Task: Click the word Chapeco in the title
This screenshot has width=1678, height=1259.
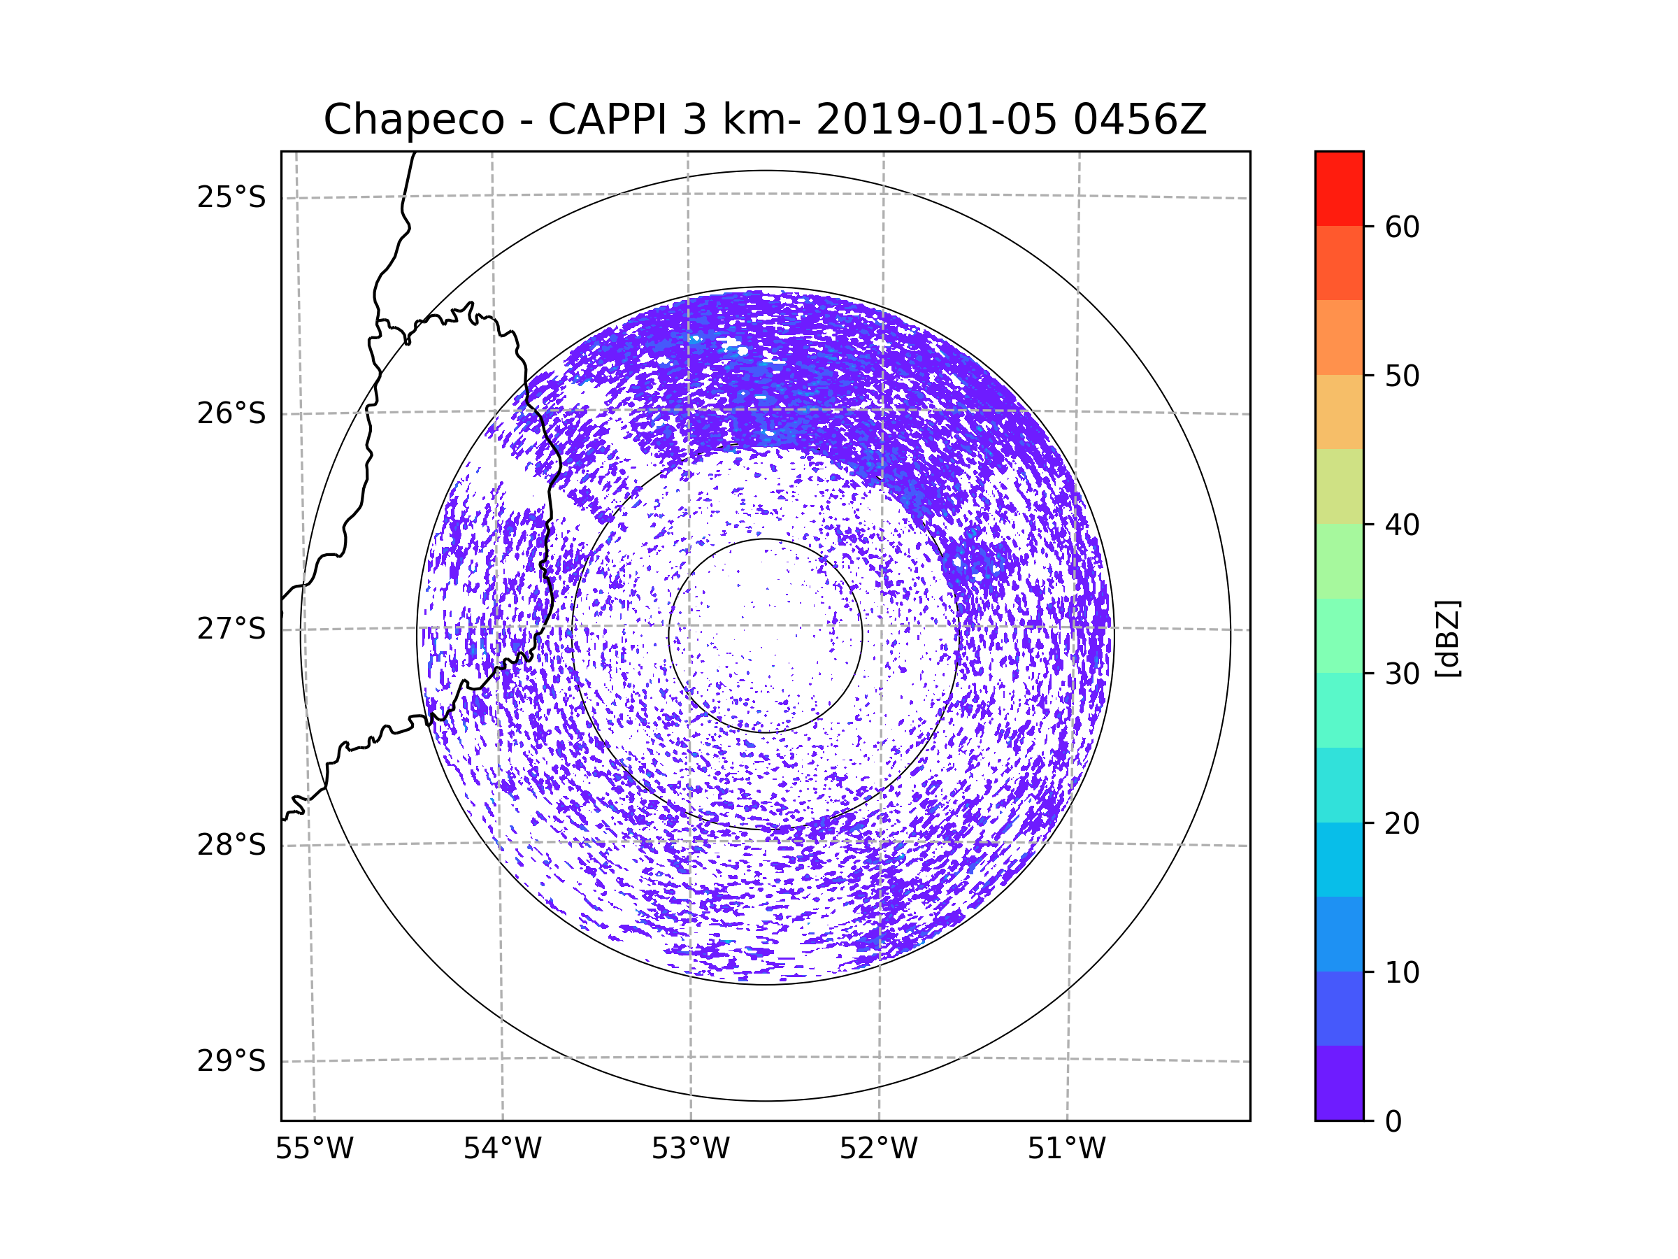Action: [413, 120]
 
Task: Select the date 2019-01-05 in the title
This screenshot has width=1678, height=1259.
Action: [936, 120]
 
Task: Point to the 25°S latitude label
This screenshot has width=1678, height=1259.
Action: [231, 197]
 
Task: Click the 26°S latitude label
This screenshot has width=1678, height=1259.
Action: [231, 413]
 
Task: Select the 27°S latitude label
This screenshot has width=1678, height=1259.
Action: [231, 629]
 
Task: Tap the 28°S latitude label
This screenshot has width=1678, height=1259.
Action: [231, 845]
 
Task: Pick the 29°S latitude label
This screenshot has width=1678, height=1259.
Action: [231, 1061]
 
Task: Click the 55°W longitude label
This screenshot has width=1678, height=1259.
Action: [314, 1149]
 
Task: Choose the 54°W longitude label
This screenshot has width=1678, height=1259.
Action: [502, 1149]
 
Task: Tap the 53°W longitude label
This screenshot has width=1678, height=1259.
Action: [690, 1149]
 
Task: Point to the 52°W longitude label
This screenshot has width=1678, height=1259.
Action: [878, 1149]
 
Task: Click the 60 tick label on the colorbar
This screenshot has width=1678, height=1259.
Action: [1402, 227]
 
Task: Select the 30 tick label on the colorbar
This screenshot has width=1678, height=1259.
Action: [1402, 674]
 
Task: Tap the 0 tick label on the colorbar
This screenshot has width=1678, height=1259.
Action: [1393, 1122]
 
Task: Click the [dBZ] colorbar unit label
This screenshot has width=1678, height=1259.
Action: [1447, 638]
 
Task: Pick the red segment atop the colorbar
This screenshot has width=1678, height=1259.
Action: [1339, 188]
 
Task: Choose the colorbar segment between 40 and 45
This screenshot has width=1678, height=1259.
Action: [1339, 486]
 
